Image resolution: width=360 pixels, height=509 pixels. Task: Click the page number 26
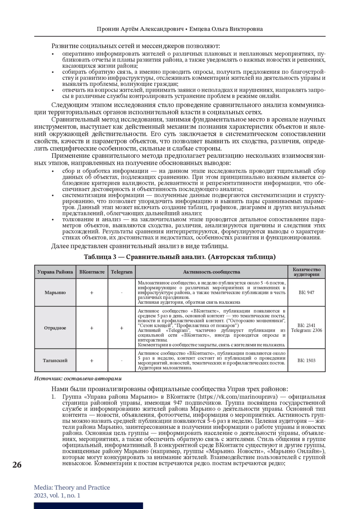coord(17,465)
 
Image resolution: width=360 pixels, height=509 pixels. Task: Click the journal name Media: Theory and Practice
coord(72,487)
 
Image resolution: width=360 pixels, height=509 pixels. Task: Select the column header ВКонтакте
coord(92,272)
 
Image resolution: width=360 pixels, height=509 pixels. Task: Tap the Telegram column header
coord(121,272)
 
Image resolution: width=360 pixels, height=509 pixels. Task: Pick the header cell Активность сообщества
coord(211,272)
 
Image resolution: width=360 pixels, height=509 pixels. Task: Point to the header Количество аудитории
coord(307,272)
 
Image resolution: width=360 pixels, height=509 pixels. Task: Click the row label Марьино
coord(55,292)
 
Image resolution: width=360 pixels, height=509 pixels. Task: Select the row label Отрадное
coord(55,328)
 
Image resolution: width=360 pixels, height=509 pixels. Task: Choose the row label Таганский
coord(55,361)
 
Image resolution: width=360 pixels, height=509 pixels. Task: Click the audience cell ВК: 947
coord(307,292)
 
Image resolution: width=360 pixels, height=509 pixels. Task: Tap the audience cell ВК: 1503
coord(307,361)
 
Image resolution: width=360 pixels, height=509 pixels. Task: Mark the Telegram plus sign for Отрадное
coord(121,328)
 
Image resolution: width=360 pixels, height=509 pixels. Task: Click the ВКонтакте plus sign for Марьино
coord(92,293)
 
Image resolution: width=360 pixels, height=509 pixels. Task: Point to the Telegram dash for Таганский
coord(121,361)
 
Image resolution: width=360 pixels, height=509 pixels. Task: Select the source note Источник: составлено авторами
coord(78,379)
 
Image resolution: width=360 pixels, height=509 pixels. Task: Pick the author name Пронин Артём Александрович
coord(140,29)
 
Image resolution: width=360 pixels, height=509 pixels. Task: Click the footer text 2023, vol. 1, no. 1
coord(57,496)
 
